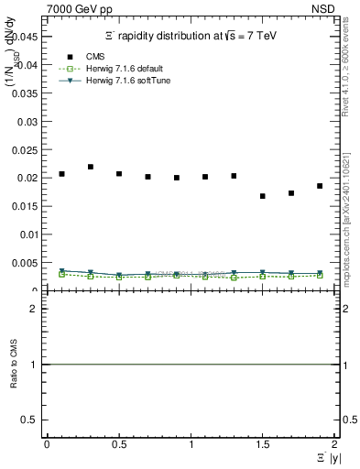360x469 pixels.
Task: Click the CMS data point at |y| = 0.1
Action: (61, 173)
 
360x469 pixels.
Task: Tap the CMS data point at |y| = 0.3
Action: (91, 167)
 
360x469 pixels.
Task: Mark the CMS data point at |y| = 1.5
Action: (263, 196)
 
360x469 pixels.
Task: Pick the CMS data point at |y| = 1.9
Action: (320, 186)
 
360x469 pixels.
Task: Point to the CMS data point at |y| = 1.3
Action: (234, 176)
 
